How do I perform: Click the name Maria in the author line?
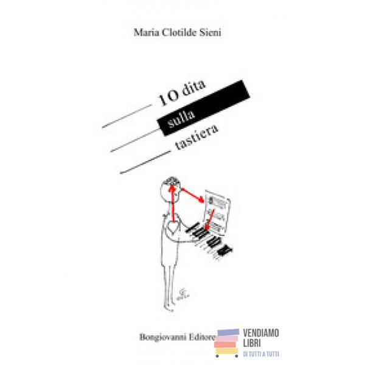pyautogui.click(x=146, y=33)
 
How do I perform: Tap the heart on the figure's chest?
pyautogui.click(x=173, y=229)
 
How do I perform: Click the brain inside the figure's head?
pyautogui.click(x=173, y=182)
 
